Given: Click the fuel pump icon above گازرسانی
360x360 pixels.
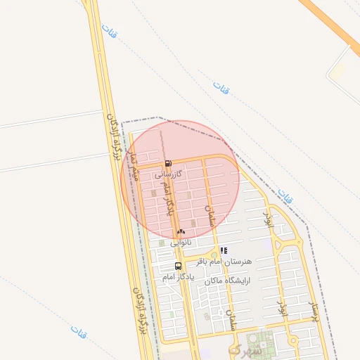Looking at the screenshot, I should (167, 163).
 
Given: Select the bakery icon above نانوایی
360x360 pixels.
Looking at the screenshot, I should (181, 231).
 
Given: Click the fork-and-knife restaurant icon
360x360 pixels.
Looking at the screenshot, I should (224, 250).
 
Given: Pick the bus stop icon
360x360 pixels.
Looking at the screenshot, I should (177, 266).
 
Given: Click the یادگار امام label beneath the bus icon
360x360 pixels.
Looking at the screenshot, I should (177, 277).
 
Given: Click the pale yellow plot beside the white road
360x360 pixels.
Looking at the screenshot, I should (339, 72).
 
